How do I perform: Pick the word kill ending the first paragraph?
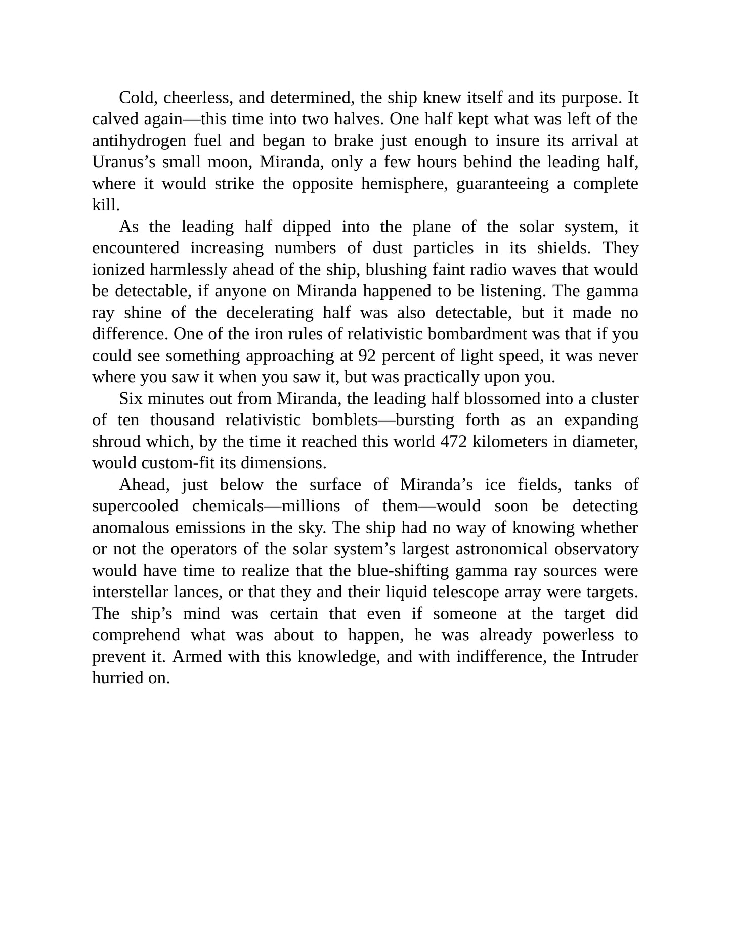click(105, 205)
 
